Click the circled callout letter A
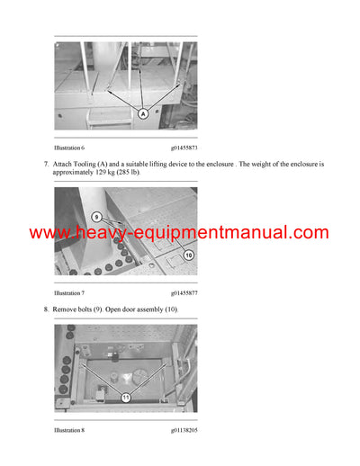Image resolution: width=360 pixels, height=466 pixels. pyautogui.click(x=141, y=115)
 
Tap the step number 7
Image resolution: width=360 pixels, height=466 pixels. pyautogui.click(x=46, y=165)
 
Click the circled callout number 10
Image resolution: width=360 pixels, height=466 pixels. pyautogui.click(x=188, y=255)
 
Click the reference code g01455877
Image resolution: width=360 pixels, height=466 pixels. pyautogui.click(x=184, y=293)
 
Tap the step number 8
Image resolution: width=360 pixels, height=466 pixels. pyautogui.click(x=46, y=309)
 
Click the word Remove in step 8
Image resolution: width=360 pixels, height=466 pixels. pyautogui.click(x=66, y=309)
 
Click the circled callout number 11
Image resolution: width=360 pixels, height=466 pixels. pyautogui.click(x=126, y=396)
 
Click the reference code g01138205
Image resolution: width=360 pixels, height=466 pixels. pyautogui.click(x=184, y=431)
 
